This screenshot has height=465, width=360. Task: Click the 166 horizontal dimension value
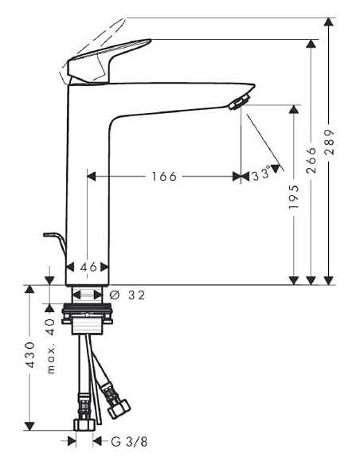[163, 176]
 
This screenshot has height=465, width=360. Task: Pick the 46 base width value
[88, 268]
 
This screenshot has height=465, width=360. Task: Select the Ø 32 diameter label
[127, 295]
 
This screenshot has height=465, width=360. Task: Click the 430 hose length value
[29, 354]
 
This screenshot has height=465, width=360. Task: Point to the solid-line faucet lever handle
[108, 59]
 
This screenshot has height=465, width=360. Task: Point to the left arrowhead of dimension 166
[91, 176]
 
